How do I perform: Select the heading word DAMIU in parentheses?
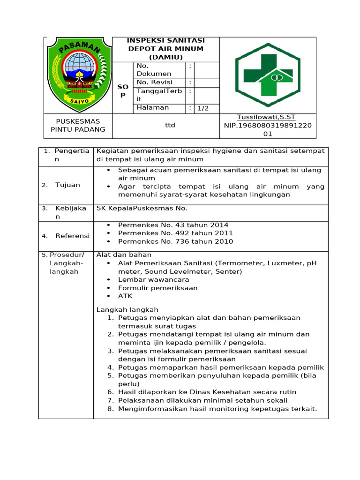pyautogui.click(x=166, y=57)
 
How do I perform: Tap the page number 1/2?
pyautogui.click(x=202, y=108)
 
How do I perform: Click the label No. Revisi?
pyautogui.click(x=155, y=82)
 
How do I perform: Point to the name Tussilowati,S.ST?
pyautogui.click(x=266, y=117)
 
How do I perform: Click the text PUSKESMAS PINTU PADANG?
pyautogui.click(x=78, y=126)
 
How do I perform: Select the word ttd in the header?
pyautogui.click(x=166, y=126)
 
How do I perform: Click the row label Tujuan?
pyautogui.click(x=67, y=185)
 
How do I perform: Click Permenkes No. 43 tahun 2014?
pyautogui.click(x=173, y=225)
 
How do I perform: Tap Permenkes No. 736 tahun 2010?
pyautogui.click(x=175, y=241)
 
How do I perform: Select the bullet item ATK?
pyautogui.click(x=125, y=296)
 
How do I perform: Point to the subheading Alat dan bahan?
pyautogui.click(x=124, y=255)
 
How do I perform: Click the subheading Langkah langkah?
pyautogui.click(x=127, y=309)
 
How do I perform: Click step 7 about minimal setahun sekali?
pyautogui.click(x=202, y=400)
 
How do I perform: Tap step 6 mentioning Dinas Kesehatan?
pyautogui.click(x=207, y=392)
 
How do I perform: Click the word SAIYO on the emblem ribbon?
pyautogui.click(x=78, y=100)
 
